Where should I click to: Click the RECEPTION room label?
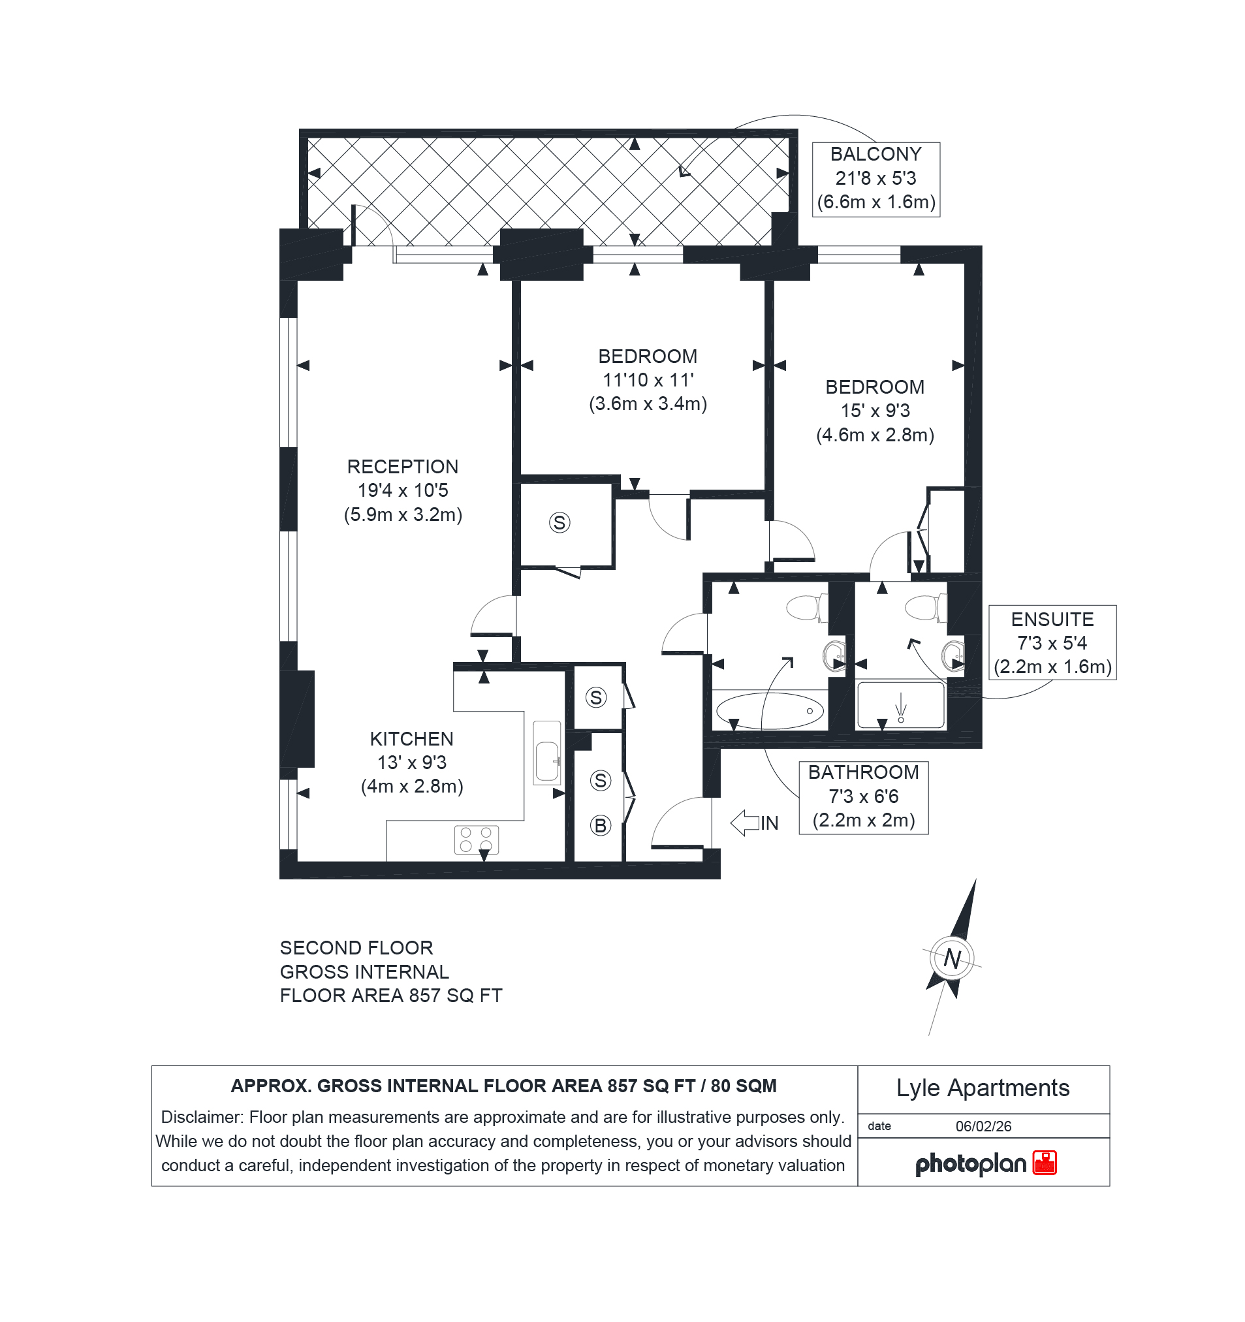[402, 467]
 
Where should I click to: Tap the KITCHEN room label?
[412, 739]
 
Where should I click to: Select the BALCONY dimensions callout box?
[876, 179]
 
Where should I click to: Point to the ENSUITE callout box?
[1052, 642]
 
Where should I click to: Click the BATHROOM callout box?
[863, 796]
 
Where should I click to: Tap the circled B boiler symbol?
[601, 825]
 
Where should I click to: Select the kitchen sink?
[547, 752]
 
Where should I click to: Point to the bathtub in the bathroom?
[770, 711]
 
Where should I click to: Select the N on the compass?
[953, 958]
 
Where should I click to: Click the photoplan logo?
[986, 1163]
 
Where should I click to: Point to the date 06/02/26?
[984, 1126]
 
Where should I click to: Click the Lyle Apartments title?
[983, 1088]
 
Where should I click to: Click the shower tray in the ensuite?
[900, 705]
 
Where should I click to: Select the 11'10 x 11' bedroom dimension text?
[648, 380]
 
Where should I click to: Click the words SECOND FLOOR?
[356, 948]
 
